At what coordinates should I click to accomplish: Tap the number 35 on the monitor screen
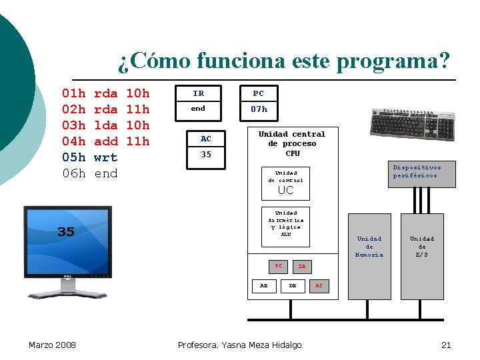(x=65, y=232)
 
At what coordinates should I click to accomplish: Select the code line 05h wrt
(x=89, y=157)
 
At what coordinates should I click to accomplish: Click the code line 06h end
(x=89, y=173)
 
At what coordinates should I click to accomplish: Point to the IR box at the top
(x=198, y=93)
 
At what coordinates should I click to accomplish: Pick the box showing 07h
(x=259, y=109)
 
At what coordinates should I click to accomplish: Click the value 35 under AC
(x=206, y=155)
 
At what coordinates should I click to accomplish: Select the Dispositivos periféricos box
(x=416, y=171)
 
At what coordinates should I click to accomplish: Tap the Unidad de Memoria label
(x=369, y=247)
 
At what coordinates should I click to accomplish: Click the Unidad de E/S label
(x=421, y=247)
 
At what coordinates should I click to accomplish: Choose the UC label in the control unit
(x=285, y=191)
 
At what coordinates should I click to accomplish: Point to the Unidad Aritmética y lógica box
(x=285, y=224)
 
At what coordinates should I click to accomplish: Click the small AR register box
(x=264, y=285)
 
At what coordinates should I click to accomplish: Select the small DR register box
(x=292, y=285)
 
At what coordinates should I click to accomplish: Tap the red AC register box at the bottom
(x=318, y=285)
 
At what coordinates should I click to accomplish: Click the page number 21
(x=446, y=345)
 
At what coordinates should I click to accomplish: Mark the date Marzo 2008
(x=52, y=345)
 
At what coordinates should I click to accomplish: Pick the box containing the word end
(x=198, y=109)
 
